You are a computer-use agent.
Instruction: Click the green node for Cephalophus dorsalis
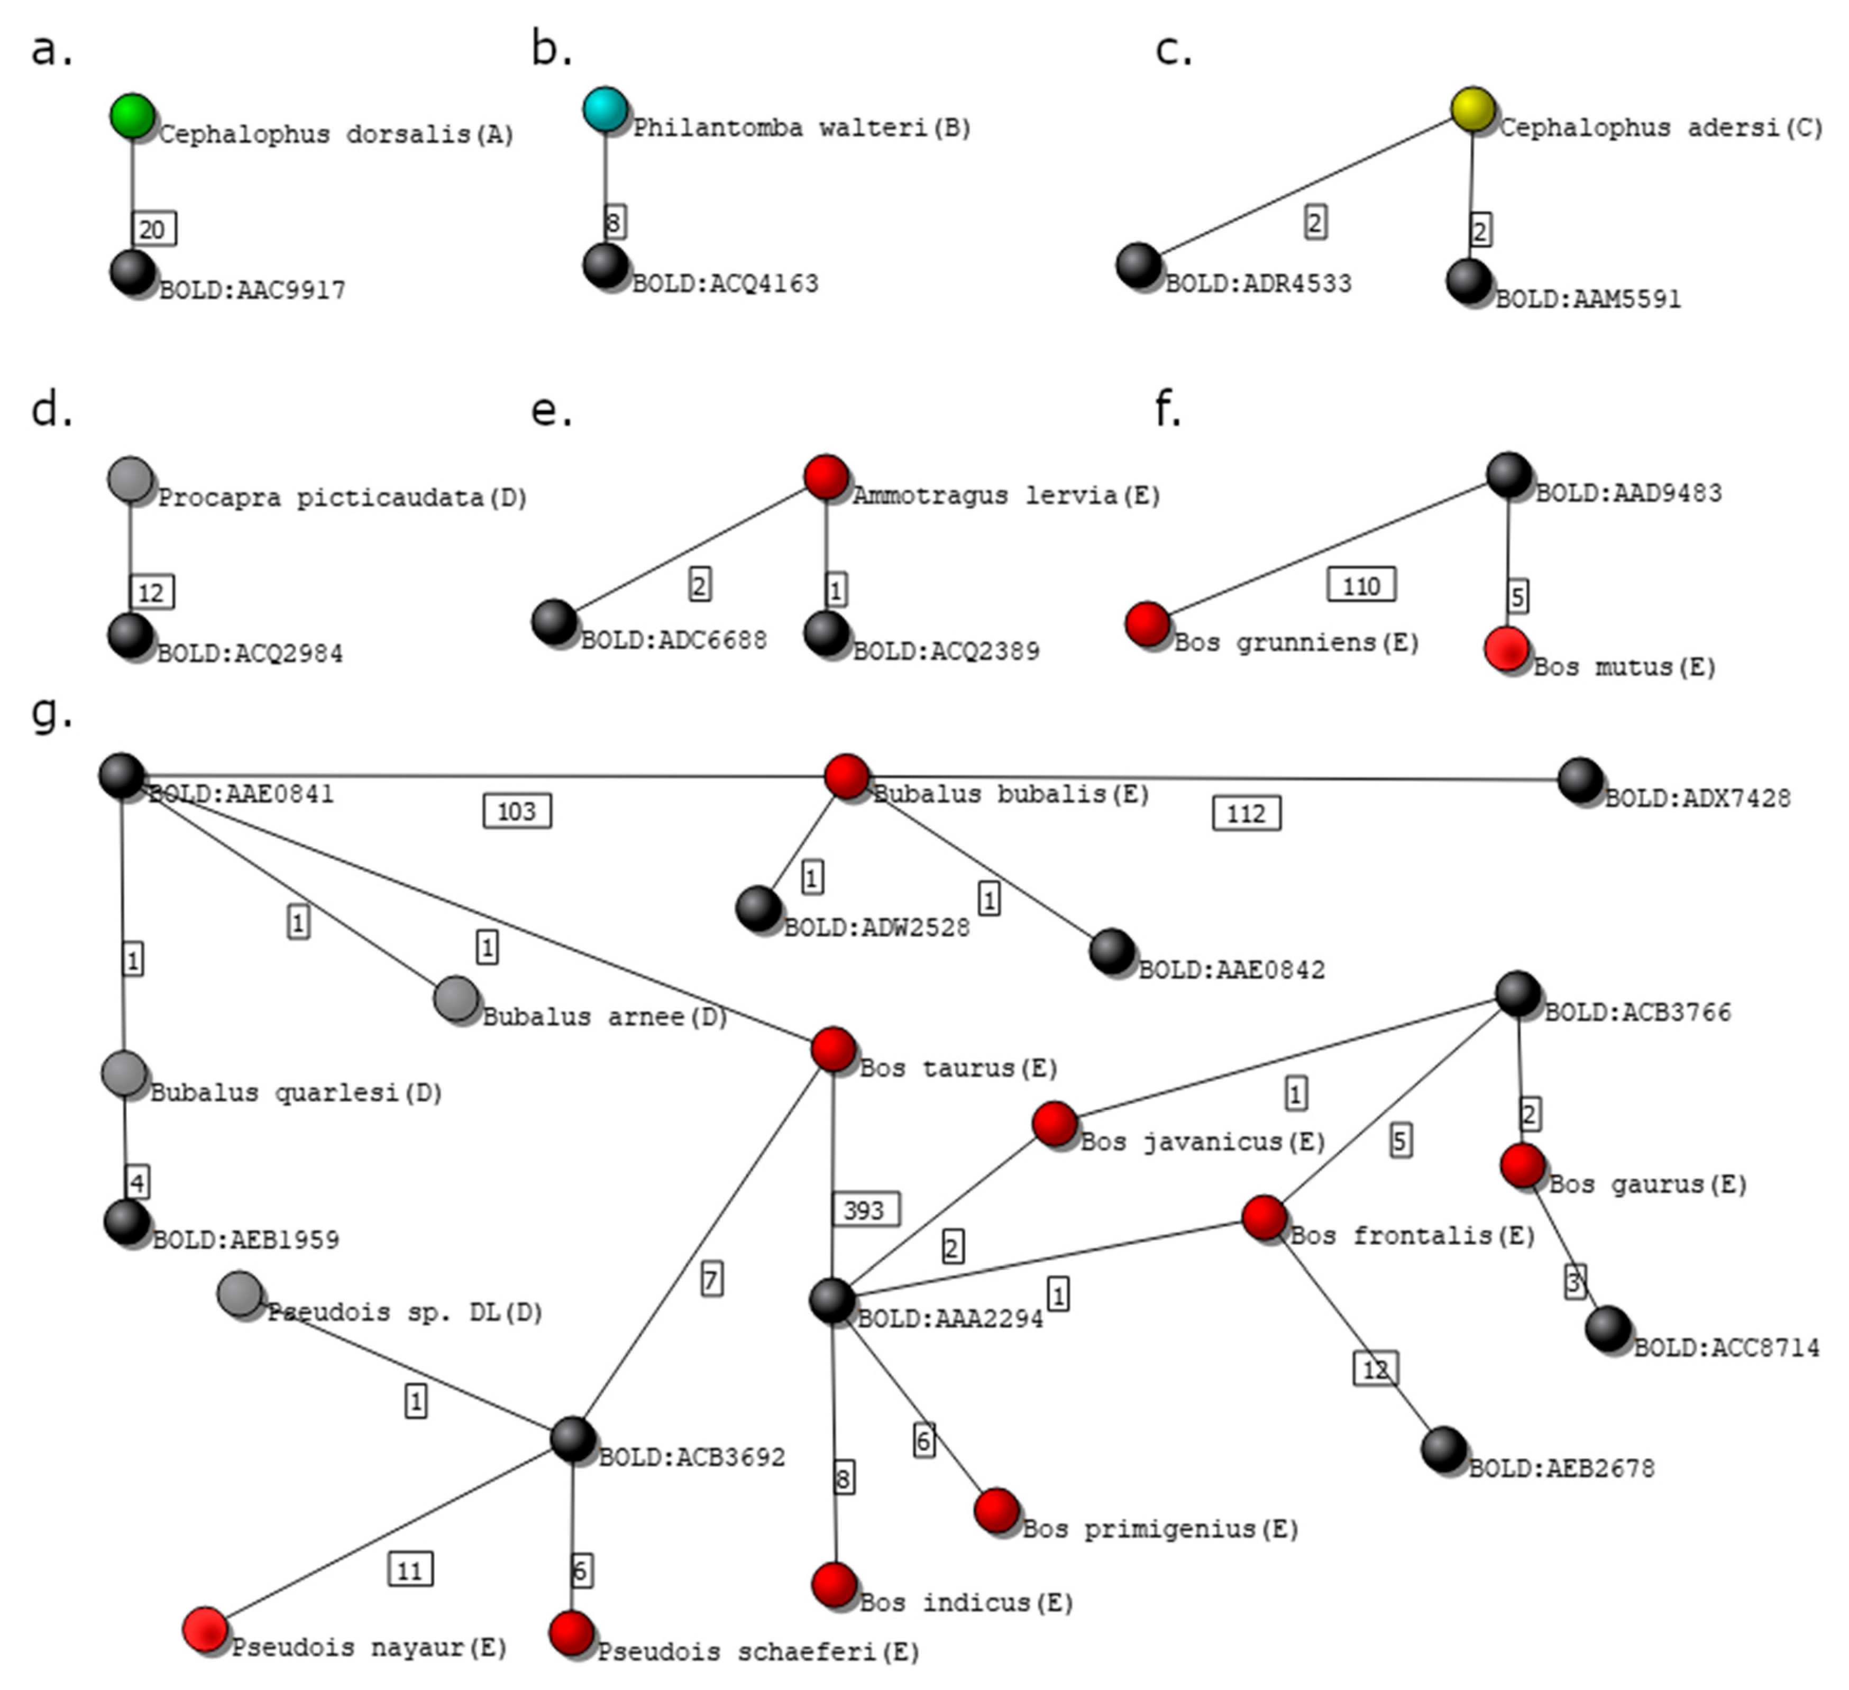(x=132, y=116)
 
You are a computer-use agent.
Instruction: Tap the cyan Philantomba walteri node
(x=606, y=109)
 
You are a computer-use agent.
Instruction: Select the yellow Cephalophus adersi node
(x=1473, y=109)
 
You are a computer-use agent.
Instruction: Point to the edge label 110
(x=1361, y=585)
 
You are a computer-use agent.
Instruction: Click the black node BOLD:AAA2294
(x=832, y=1300)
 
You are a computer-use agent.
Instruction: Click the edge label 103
(x=516, y=811)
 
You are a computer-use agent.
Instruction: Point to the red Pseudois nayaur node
(x=205, y=1629)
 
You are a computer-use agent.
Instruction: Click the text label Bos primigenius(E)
(x=1160, y=1529)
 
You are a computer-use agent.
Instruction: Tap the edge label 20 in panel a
(x=153, y=228)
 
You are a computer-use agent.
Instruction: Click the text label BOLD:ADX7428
(x=1697, y=798)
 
